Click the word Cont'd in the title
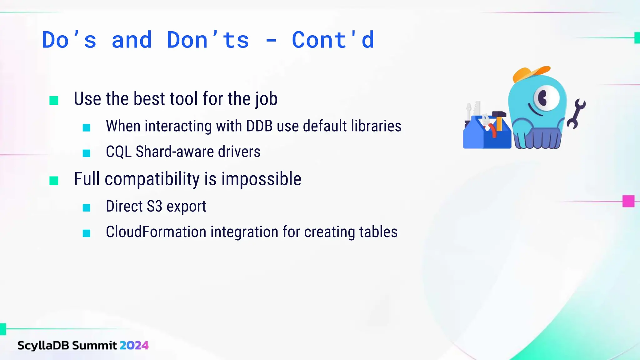(332, 40)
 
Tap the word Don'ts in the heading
(208, 40)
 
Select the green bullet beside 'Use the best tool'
(54, 101)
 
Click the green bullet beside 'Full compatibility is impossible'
(54, 181)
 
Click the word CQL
(118, 152)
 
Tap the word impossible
(261, 179)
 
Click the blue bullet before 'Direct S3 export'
(87, 208)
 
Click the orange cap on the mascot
(530, 73)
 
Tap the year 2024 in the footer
(134, 345)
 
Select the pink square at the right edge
(628, 201)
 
